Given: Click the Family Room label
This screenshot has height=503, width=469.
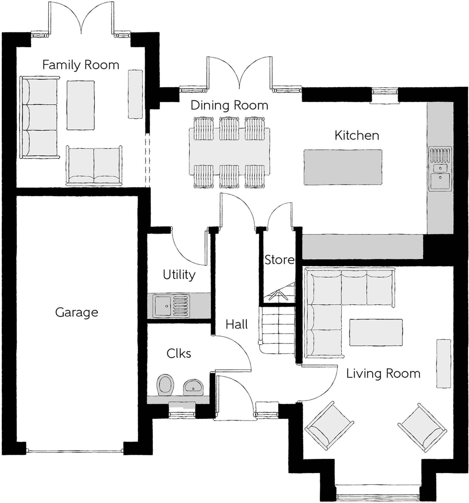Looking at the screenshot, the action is point(81,65).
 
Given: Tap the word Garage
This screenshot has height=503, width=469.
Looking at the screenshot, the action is point(77,313).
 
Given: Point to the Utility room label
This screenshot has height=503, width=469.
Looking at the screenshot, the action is point(179,275).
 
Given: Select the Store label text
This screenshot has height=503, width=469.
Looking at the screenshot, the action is point(279,260).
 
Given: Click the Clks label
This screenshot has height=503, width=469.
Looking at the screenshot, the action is point(179,353).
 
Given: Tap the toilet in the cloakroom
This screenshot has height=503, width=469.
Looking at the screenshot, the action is point(166,385).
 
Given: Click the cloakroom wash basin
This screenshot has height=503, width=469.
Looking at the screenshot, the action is point(193,387).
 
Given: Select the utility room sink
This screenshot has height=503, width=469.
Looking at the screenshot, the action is point(171,306).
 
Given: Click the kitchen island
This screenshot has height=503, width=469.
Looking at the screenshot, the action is point(343,167).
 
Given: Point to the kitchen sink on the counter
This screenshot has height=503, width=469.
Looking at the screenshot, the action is point(440,168).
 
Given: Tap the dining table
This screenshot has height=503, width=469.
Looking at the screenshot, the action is point(229,152).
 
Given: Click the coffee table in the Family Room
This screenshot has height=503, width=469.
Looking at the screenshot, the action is point(81,105).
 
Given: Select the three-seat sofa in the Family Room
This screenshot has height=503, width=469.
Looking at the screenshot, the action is point(40,117).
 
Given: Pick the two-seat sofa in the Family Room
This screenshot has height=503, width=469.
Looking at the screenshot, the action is point(94,166).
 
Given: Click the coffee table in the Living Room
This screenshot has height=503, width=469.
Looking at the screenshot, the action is point(376,332).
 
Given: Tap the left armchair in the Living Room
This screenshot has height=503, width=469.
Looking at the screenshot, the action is point(329,425).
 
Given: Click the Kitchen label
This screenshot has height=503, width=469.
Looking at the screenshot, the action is point(357,135).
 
